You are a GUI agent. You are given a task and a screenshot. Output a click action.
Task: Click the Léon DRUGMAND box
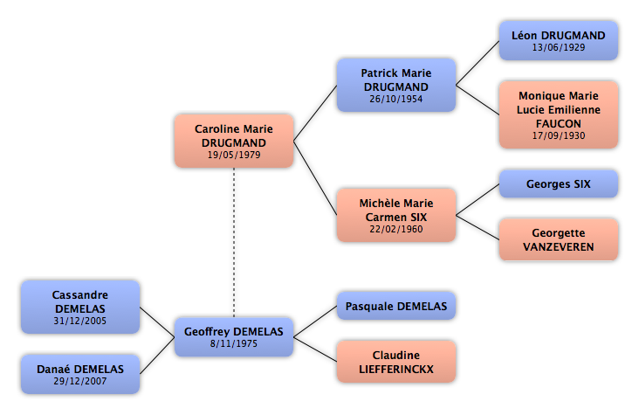click(559, 41)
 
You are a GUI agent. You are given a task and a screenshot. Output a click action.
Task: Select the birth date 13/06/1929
click(559, 47)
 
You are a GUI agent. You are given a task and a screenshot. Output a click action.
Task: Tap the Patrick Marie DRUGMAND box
click(396, 85)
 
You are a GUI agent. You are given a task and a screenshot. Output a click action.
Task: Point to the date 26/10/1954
click(396, 99)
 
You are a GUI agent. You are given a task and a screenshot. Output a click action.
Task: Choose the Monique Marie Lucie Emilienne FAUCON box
click(559, 114)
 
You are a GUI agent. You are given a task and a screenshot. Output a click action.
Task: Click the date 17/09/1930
click(559, 135)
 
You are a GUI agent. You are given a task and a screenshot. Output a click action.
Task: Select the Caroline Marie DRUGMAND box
click(234, 141)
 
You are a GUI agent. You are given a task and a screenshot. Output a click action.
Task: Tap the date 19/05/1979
click(234, 155)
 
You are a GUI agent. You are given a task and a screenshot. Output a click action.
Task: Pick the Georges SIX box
click(559, 184)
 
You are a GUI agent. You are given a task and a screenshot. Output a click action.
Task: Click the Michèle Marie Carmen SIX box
click(396, 215)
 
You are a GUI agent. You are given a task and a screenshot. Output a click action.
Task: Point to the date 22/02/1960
click(396, 229)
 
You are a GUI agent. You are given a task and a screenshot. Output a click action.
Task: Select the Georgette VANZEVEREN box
click(559, 239)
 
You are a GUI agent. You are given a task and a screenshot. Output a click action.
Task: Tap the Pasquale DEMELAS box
click(396, 306)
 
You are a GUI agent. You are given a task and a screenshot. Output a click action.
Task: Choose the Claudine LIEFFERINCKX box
click(396, 362)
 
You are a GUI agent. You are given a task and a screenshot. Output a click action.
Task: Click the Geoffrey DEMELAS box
click(234, 337)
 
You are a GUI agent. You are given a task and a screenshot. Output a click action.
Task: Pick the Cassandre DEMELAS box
click(80, 307)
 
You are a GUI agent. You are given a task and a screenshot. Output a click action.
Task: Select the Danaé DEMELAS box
click(80, 374)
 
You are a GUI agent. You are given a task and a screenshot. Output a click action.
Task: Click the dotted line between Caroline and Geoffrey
click(234, 242)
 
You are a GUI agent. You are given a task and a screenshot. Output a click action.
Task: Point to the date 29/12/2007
click(80, 381)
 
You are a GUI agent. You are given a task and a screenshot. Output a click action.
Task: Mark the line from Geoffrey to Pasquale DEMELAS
click(315, 322)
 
